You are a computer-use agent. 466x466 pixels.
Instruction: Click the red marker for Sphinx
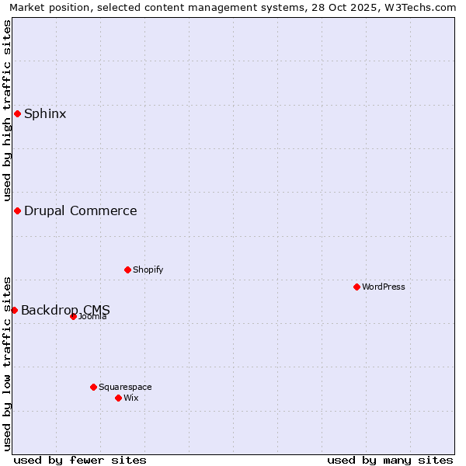[17, 114]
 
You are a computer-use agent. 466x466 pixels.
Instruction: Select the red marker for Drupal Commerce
[17, 211]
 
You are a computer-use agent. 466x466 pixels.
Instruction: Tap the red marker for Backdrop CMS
[14, 310]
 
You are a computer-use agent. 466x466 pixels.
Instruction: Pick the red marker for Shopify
[127, 270]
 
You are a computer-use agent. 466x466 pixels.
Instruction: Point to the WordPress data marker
[356, 287]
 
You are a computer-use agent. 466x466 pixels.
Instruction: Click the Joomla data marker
[73, 316]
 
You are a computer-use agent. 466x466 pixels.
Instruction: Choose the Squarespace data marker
[93, 387]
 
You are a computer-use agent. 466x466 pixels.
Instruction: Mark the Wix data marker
[118, 398]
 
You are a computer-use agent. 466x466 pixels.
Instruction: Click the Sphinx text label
[45, 114]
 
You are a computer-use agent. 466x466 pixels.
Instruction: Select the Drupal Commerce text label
[80, 211]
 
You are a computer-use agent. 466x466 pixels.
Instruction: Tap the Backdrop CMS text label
[65, 310]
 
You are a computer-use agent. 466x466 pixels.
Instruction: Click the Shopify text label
[148, 270]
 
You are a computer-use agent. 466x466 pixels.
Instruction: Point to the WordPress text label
[384, 287]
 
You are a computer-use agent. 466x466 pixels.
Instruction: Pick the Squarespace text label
[125, 387]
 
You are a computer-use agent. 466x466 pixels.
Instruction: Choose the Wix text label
[131, 398]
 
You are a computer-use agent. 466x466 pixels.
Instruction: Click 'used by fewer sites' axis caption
[80, 460]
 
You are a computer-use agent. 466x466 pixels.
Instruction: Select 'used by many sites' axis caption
[390, 460]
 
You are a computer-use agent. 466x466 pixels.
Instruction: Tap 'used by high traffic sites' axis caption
[7, 110]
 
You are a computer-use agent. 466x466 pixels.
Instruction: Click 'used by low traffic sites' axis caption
[7, 363]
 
